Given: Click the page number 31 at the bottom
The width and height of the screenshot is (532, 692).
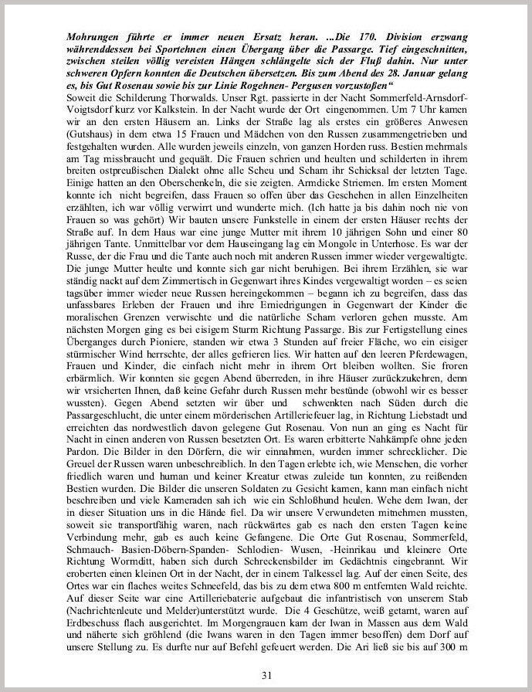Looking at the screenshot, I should pos(266,674).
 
